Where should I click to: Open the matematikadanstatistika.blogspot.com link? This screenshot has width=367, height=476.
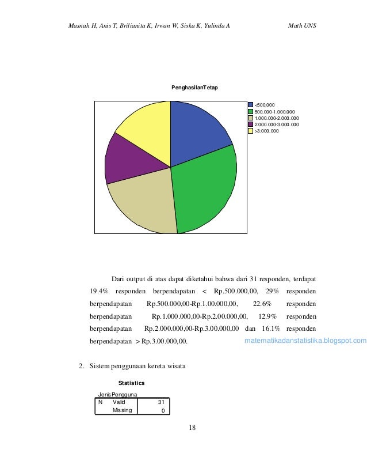(x=305, y=341)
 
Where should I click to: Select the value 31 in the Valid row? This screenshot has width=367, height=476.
(x=162, y=402)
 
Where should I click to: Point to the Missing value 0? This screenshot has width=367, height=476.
(x=163, y=410)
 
